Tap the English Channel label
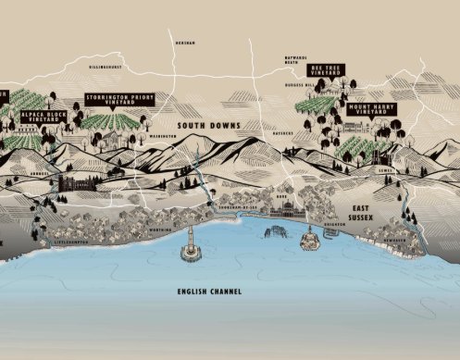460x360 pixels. point(210,292)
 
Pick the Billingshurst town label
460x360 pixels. point(106,68)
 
